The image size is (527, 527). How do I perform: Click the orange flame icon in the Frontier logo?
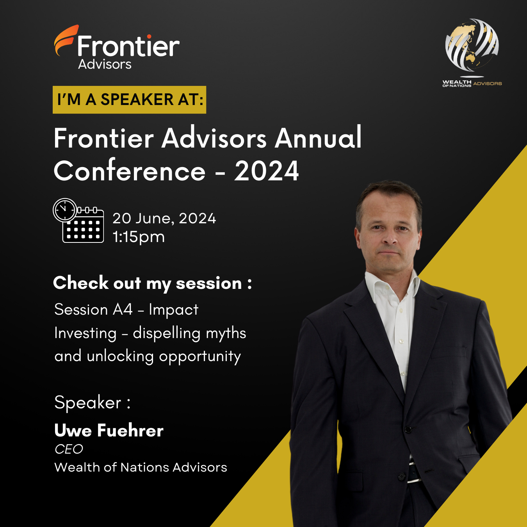65,41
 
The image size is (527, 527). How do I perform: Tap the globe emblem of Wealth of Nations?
472,45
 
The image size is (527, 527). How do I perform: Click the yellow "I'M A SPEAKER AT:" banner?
129,100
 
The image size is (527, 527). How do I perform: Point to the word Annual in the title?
318,138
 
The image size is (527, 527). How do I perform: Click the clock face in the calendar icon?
65,210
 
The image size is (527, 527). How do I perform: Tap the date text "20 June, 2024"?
164,219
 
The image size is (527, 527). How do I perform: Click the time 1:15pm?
139,237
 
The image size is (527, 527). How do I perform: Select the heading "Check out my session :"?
152,283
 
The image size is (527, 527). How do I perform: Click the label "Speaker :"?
93,403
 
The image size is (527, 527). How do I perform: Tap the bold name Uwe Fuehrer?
109,431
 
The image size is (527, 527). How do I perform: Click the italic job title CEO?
69,449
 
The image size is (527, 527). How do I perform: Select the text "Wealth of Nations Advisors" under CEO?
141,467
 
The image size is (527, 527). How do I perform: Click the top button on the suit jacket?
408,430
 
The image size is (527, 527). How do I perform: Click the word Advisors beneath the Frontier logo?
105,64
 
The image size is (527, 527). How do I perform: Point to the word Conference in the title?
129,171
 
